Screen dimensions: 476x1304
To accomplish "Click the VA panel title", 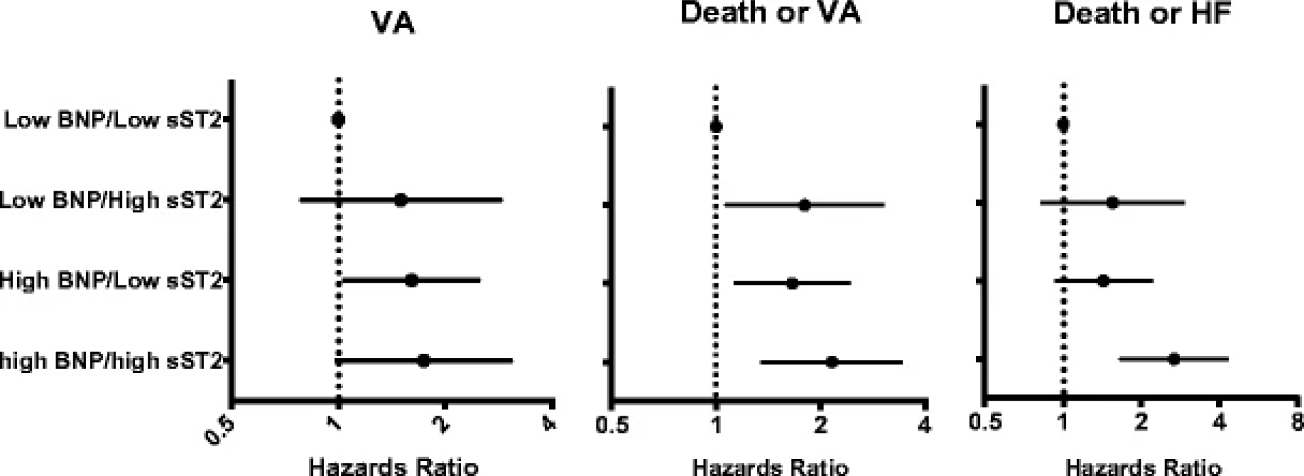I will click(x=393, y=23).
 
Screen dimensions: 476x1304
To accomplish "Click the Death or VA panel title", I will click(x=770, y=14).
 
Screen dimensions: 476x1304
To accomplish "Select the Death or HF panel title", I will click(x=1143, y=14).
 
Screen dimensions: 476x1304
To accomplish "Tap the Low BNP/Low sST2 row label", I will click(x=113, y=120).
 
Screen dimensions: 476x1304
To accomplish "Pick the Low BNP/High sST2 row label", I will click(x=111, y=200).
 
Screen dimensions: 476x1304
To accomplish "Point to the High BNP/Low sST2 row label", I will click(x=111, y=281).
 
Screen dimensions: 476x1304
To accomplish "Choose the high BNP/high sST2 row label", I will click(x=111, y=361).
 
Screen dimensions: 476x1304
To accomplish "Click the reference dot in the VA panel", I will click(x=338, y=120).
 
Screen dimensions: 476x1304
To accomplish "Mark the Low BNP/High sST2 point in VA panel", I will click(x=401, y=200).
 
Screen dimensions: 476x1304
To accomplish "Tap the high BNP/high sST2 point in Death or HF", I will click(x=1174, y=359).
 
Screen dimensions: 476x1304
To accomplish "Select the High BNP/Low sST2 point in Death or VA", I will click(x=792, y=283).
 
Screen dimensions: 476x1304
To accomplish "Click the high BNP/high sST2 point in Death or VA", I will click(x=832, y=362).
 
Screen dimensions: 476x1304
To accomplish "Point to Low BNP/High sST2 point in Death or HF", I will click(x=1113, y=203).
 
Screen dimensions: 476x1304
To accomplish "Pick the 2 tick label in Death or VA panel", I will click(x=821, y=425).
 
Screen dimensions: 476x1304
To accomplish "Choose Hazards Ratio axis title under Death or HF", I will click(x=1143, y=468).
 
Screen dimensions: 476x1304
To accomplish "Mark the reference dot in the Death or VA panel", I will click(x=716, y=126).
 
